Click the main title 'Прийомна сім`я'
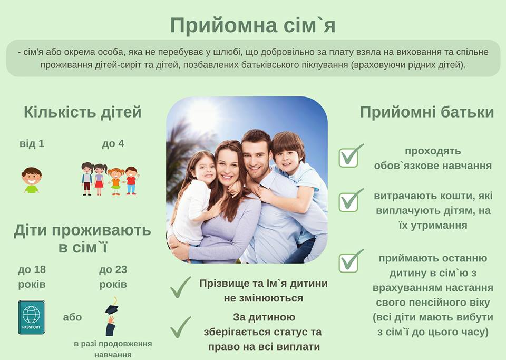252,25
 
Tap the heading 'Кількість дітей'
83,112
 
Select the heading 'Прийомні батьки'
427,112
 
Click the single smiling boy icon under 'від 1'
32,180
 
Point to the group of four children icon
110,179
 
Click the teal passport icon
32,317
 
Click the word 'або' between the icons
72,317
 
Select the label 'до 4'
113,143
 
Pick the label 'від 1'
32,143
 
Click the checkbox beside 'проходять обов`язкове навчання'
349,158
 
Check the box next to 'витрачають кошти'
349,202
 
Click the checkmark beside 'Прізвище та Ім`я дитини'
180,287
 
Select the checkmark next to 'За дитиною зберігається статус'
180,327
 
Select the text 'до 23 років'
113,277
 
